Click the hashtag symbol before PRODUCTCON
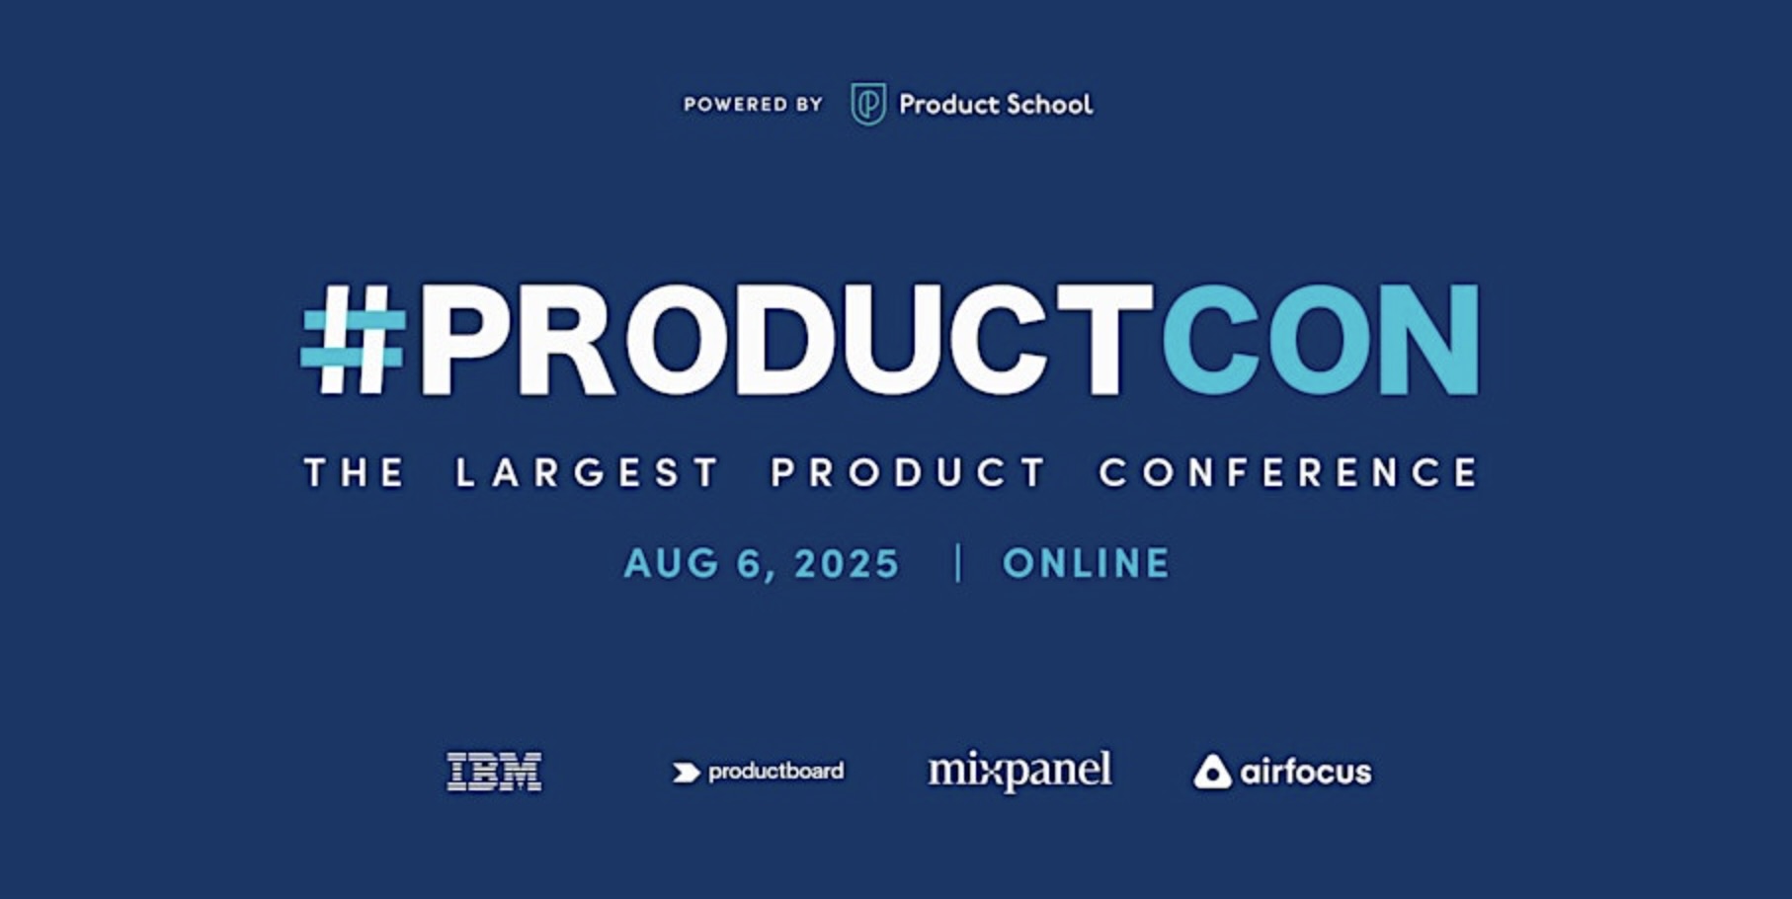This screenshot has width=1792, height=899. pyautogui.click(x=353, y=340)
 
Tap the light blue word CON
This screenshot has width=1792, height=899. pyautogui.click(x=1321, y=340)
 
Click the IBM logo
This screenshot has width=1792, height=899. pyautogui.click(x=494, y=772)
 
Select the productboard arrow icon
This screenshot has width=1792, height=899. pyautogui.click(x=686, y=772)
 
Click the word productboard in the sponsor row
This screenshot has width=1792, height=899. pyautogui.click(x=776, y=771)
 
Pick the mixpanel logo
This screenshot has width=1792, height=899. pyautogui.click(x=1019, y=770)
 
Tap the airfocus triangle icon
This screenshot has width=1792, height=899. pyautogui.click(x=1212, y=772)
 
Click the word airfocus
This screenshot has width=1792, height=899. pyautogui.click(x=1306, y=771)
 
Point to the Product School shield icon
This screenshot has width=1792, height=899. pyautogui.click(x=868, y=104)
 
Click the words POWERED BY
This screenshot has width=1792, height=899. pyautogui.click(x=754, y=104)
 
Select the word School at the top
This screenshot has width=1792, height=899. pyautogui.click(x=1049, y=104)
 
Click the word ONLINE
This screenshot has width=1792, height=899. pyautogui.click(x=1087, y=563)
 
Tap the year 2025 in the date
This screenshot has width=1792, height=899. pyautogui.click(x=848, y=563)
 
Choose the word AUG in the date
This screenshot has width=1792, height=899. pyautogui.click(x=672, y=563)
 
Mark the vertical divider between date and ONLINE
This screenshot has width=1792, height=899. pyautogui.click(x=958, y=563)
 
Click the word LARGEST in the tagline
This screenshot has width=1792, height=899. pyautogui.click(x=587, y=472)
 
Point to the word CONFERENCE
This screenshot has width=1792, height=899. pyautogui.click(x=1289, y=472)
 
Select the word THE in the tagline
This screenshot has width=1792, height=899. pyautogui.click(x=355, y=472)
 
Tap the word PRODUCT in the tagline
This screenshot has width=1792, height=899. pyautogui.click(x=909, y=472)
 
